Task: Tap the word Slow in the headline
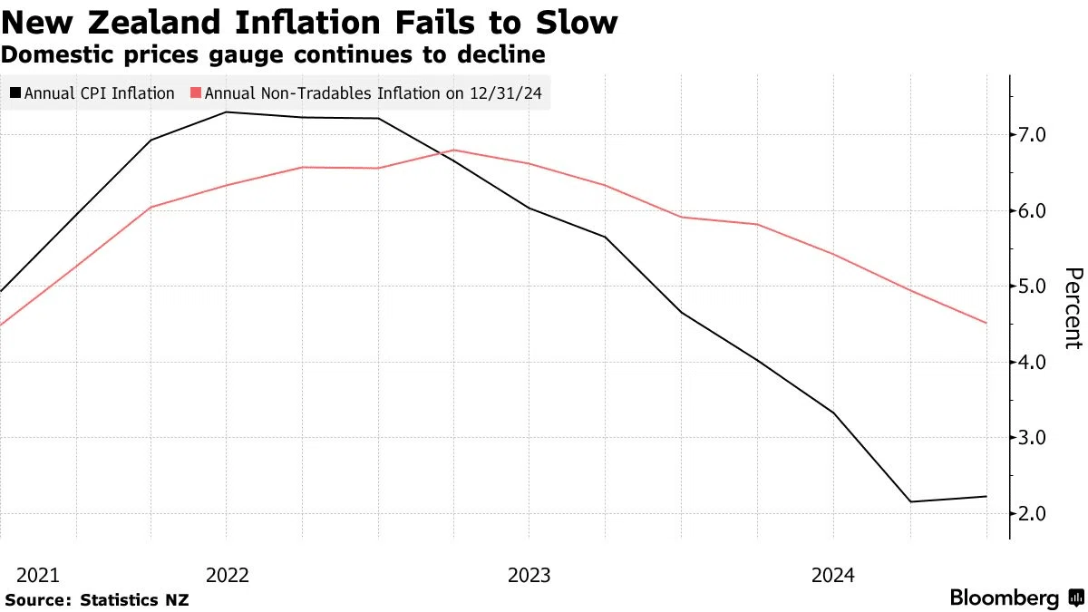click(577, 23)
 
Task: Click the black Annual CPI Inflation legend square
click(15, 92)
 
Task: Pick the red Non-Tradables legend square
click(196, 92)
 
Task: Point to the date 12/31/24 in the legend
click(506, 93)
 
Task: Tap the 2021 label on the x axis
click(38, 576)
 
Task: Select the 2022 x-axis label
click(228, 576)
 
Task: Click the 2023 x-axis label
click(529, 576)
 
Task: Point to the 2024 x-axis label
click(833, 576)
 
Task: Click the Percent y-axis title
click(1073, 308)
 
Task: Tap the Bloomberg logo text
click(1005, 597)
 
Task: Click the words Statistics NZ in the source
click(134, 600)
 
